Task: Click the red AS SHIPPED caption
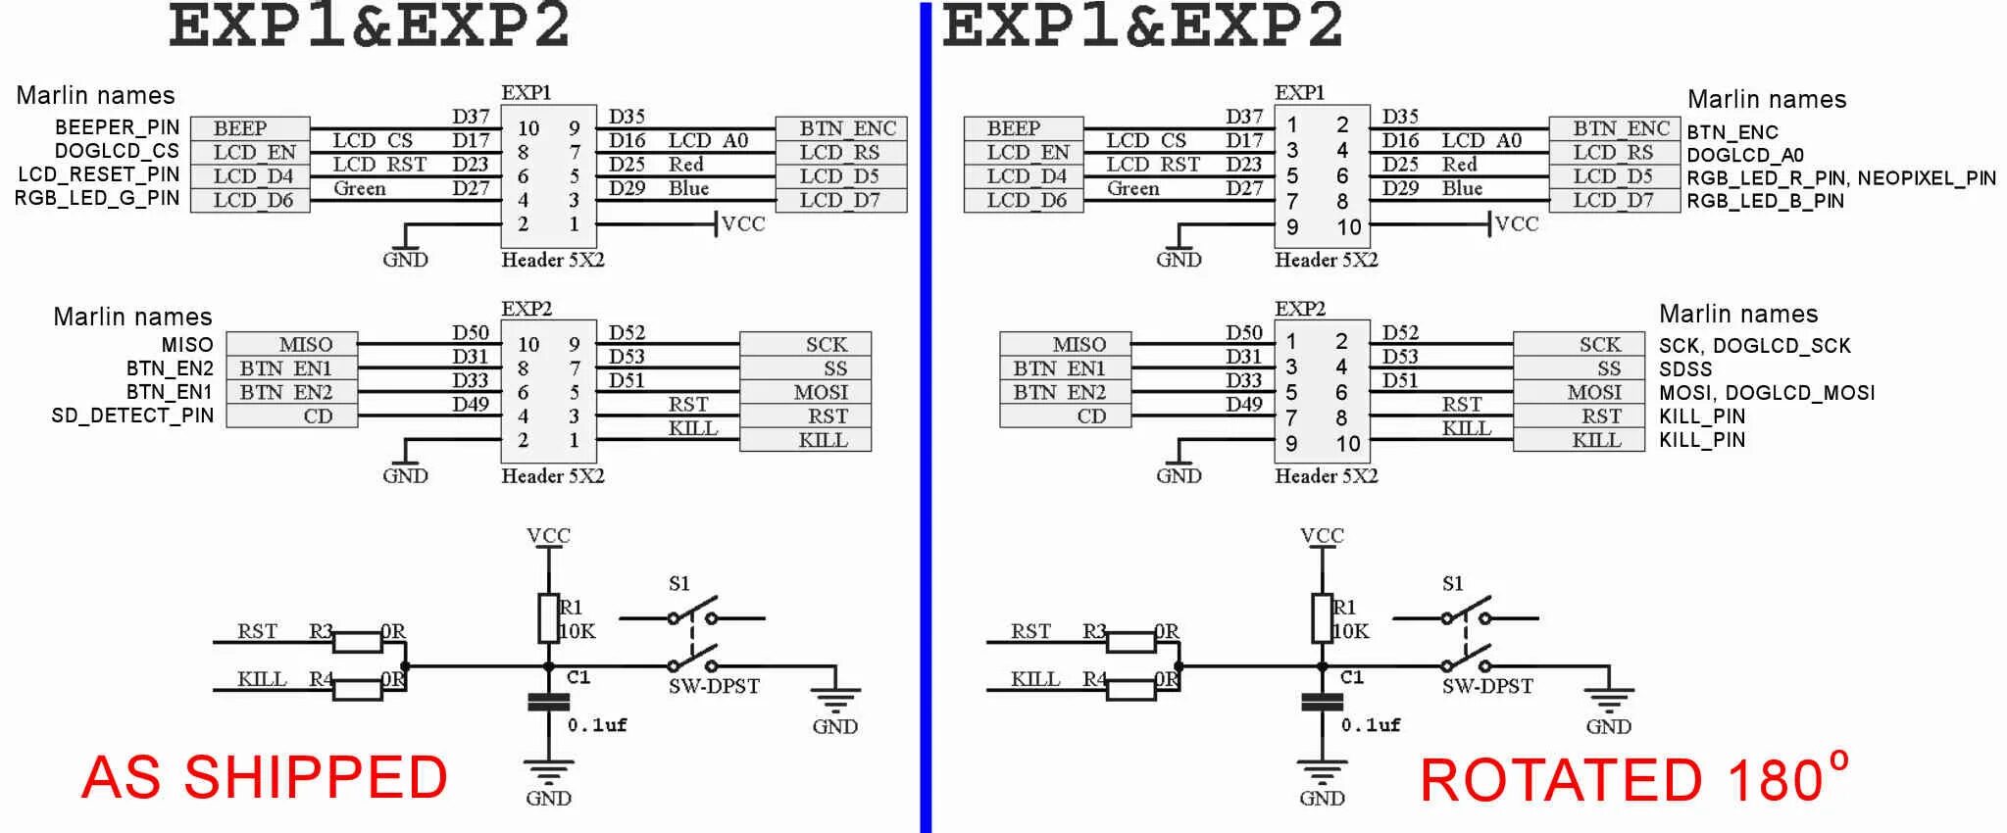click(265, 778)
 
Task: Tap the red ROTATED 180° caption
click(1632, 780)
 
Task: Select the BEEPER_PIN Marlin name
click(117, 127)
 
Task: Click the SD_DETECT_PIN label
click(131, 416)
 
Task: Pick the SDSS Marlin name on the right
click(1685, 369)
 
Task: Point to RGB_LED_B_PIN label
click(1765, 201)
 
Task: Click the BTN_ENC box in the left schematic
click(846, 128)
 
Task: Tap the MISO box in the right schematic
click(1078, 344)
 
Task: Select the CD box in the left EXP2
click(317, 416)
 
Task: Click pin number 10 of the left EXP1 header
click(528, 128)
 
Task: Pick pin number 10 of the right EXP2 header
click(1348, 444)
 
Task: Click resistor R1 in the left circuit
click(548, 617)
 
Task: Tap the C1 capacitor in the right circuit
click(1322, 701)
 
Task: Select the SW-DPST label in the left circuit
click(714, 686)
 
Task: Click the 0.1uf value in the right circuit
click(1371, 725)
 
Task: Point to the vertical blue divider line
click(926, 416)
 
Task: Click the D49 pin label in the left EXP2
click(471, 404)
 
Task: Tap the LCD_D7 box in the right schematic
click(1613, 201)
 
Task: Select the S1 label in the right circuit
click(1452, 584)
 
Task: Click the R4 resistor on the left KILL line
click(357, 690)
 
